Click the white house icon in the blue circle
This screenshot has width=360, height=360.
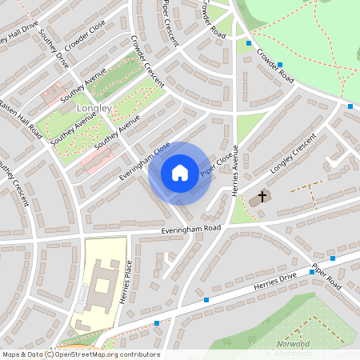click(x=180, y=173)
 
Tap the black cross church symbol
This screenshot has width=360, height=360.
click(x=262, y=196)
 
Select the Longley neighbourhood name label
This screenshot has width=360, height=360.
click(x=94, y=107)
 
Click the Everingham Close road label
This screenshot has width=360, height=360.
click(x=145, y=159)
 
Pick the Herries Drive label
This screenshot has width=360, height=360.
click(x=275, y=276)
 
